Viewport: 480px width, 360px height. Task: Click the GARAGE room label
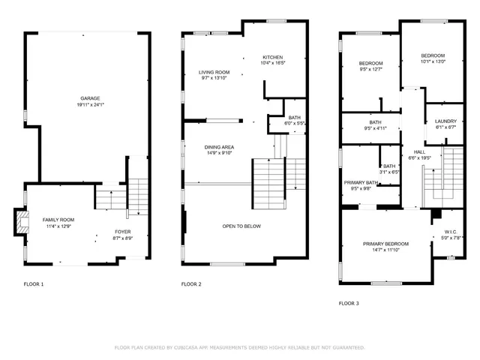pyautogui.click(x=90, y=98)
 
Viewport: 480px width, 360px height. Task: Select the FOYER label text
pyautogui.click(x=123, y=232)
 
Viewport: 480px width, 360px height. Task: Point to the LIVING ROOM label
pyautogui.click(x=214, y=72)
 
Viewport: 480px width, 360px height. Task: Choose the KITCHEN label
pyautogui.click(x=272, y=58)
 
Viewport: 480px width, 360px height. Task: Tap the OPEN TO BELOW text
pyautogui.click(x=241, y=224)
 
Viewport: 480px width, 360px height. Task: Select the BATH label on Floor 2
pyautogui.click(x=295, y=117)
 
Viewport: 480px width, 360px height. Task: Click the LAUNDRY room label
pyautogui.click(x=445, y=121)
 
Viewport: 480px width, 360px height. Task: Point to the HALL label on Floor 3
pyautogui.click(x=419, y=151)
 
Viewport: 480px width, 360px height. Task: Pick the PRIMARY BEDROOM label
pyautogui.click(x=385, y=244)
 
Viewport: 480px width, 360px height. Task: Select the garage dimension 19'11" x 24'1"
pyautogui.click(x=90, y=105)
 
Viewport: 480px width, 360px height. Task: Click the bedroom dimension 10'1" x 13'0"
pyautogui.click(x=433, y=62)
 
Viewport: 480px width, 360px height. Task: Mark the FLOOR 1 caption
pyautogui.click(x=34, y=284)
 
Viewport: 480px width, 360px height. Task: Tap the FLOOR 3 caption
pyautogui.click(x=349, y=303)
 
